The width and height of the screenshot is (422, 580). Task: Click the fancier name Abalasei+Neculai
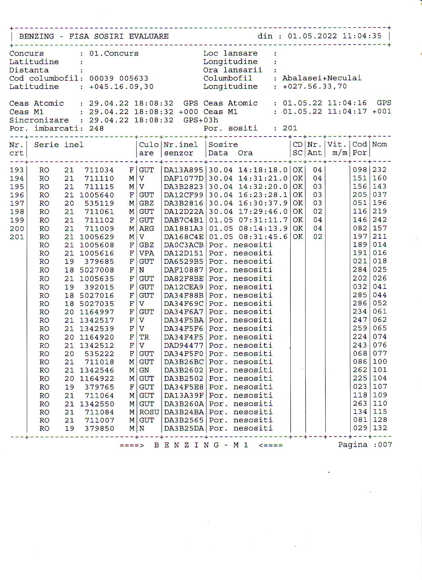pyautogui.click(x=321, y=78)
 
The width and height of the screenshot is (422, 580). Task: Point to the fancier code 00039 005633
pyautogui.click(x=119, y=79)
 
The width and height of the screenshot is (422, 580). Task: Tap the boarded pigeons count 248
pyautogui.click(x=96, y=129)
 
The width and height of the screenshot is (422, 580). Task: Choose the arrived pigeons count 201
pyautogui.click(x=290, y=128)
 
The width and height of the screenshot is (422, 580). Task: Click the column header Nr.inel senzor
pyautogui.click(x=181, y=149)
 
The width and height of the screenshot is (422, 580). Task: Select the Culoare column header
pyautogui.click(x=148, y=149)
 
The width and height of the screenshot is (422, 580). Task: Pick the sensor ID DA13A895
pyautogui.click(x=183, y=170)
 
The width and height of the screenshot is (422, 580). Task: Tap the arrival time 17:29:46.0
pyautogui.click(x=263, y=212)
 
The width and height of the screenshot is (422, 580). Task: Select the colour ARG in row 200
pyautogui.click(x=146, y=228)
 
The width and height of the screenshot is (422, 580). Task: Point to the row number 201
pyautogui.click(x=17, y=237)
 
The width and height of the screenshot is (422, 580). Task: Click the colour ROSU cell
pyautogui.click(x=149, y=412)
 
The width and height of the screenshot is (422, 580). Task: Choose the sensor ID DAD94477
pyautogui.click(x=183, y=346)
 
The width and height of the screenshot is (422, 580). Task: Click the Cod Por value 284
pyautogui.click(x=359, y=270)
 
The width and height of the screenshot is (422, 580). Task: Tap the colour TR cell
pyautogui.click(x=144, y=337)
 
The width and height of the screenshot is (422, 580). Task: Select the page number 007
pyautogui.click(x=385, y=445)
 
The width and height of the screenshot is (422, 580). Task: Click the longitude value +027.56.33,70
pyautogui.click(x=315, y=87)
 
